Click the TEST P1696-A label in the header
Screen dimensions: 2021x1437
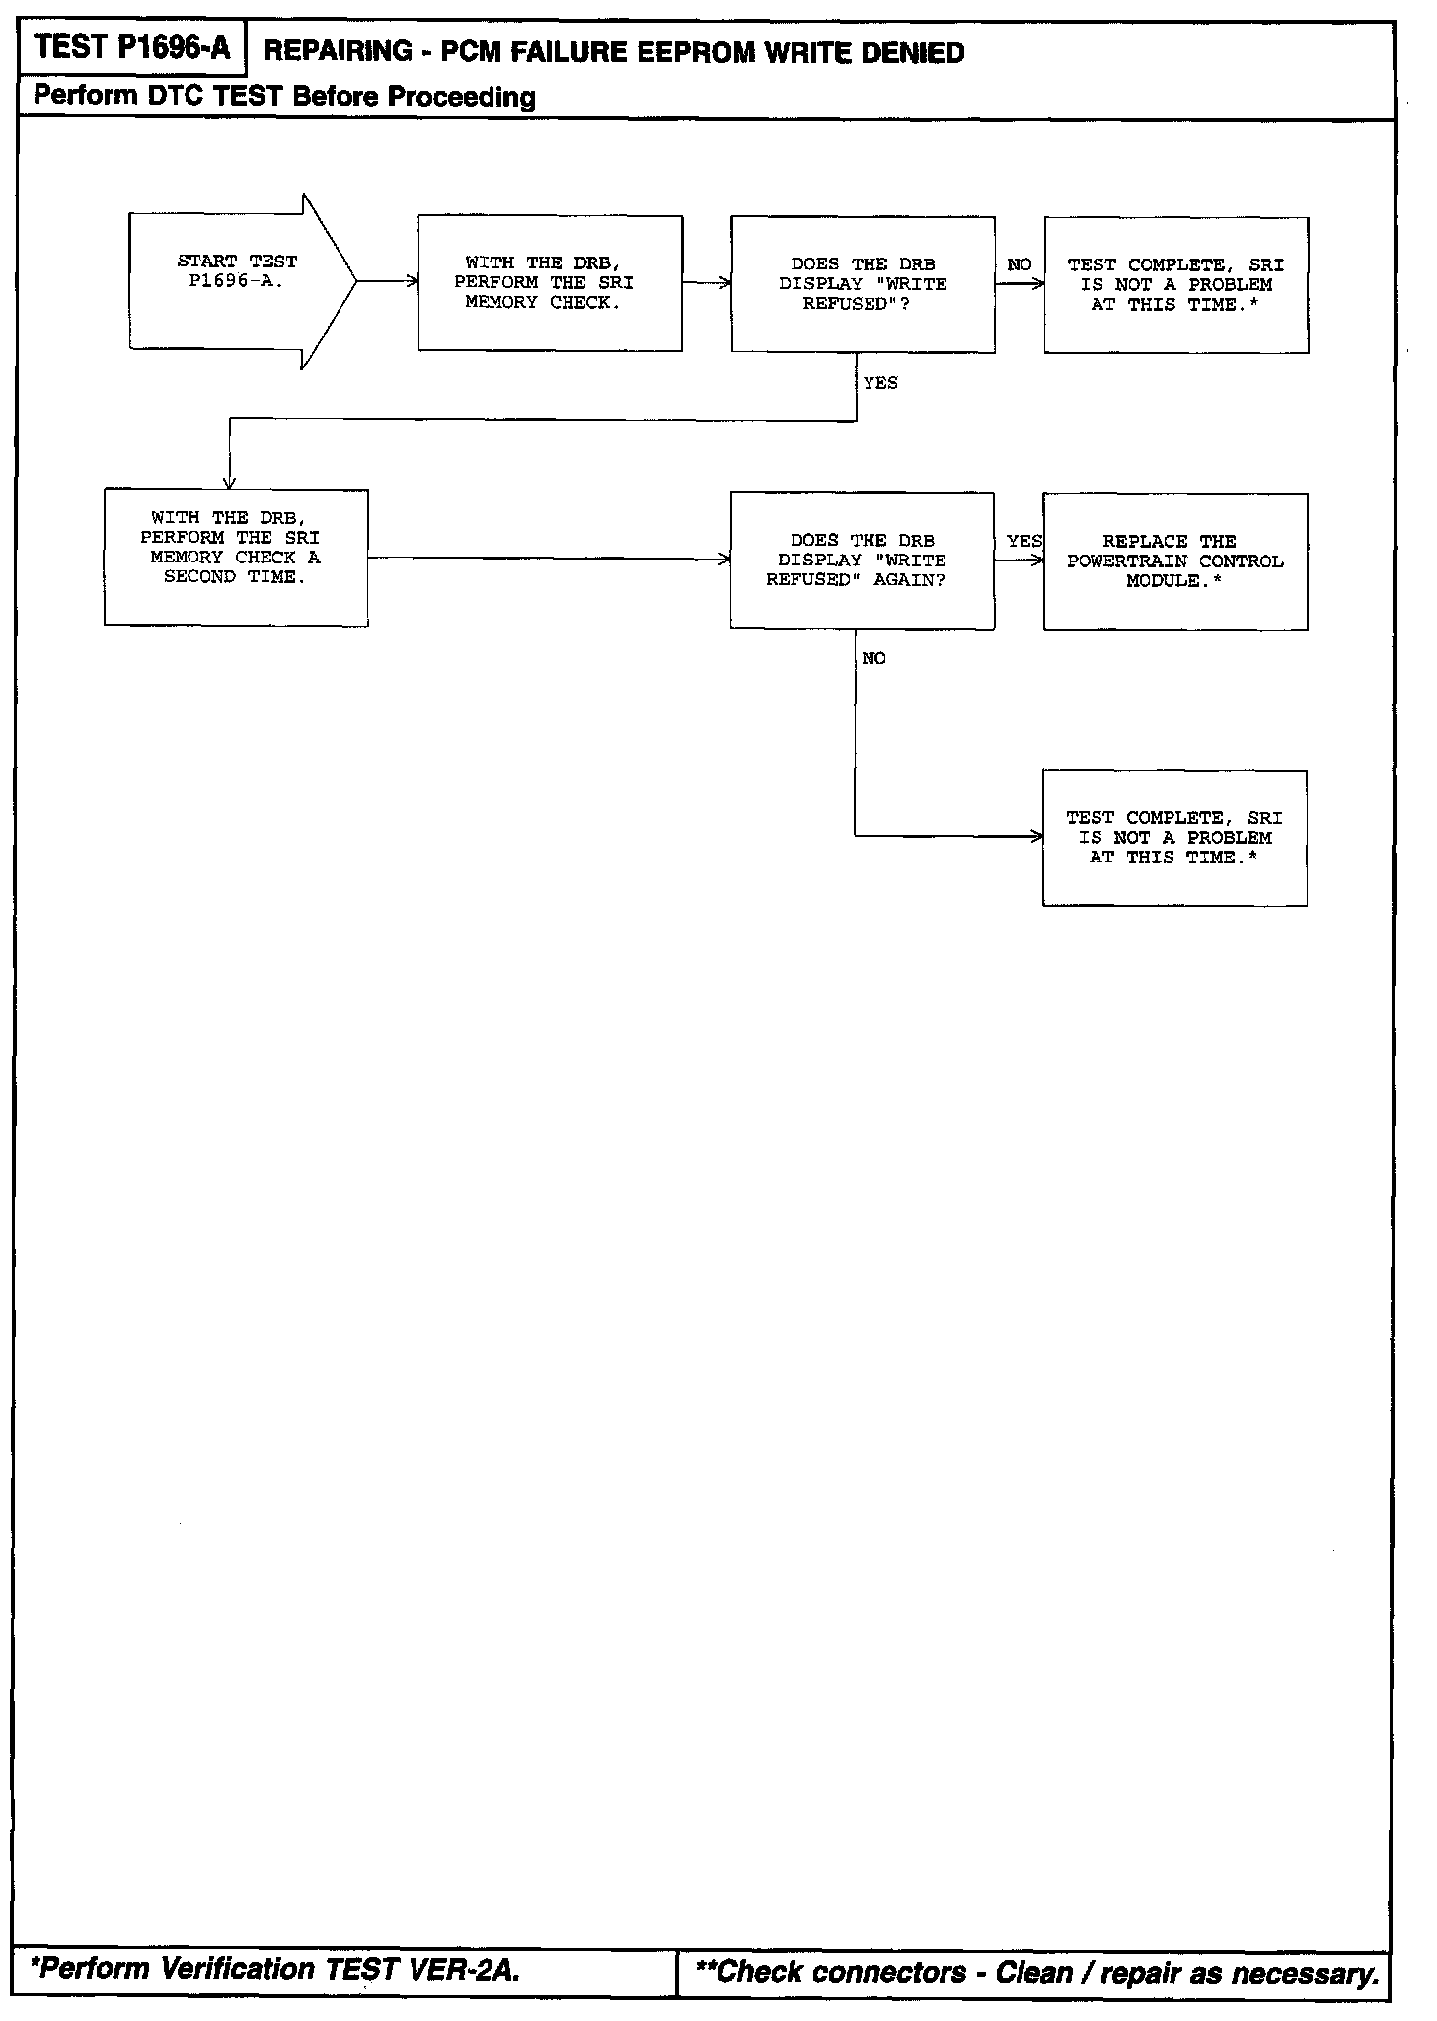pyautogui.click(x=131, y=47)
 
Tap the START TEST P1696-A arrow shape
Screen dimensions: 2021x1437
pyautogui.click(x=237, y=281)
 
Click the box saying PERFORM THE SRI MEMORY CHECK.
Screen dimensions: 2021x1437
pyautogui.click(x=550, y=283)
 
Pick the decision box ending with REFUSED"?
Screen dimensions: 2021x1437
pyautogui.click(x=863, y=284)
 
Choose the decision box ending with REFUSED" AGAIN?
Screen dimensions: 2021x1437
pyautogui.click(x=862, y=561)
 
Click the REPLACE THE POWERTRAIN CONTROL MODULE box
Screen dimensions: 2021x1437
pyautogui.click(x=1174, y=561)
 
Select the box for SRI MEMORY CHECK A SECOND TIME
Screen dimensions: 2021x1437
pyautogui.click(x=236, y=558)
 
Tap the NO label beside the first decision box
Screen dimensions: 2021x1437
pyautogui.click(x=1020, y=264)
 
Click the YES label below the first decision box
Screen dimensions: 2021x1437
pyautogui.click(x=880, y=383)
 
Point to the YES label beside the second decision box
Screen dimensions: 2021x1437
pyautogui.click(x=1023, y=541)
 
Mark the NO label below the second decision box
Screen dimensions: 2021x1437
pyautogui.click(x=873, y=658)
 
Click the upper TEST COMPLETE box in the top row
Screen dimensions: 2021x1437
pyautogui.click(x=1175, y=285)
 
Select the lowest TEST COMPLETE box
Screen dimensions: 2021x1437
pyautogui.click(x=1174, y=838)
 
